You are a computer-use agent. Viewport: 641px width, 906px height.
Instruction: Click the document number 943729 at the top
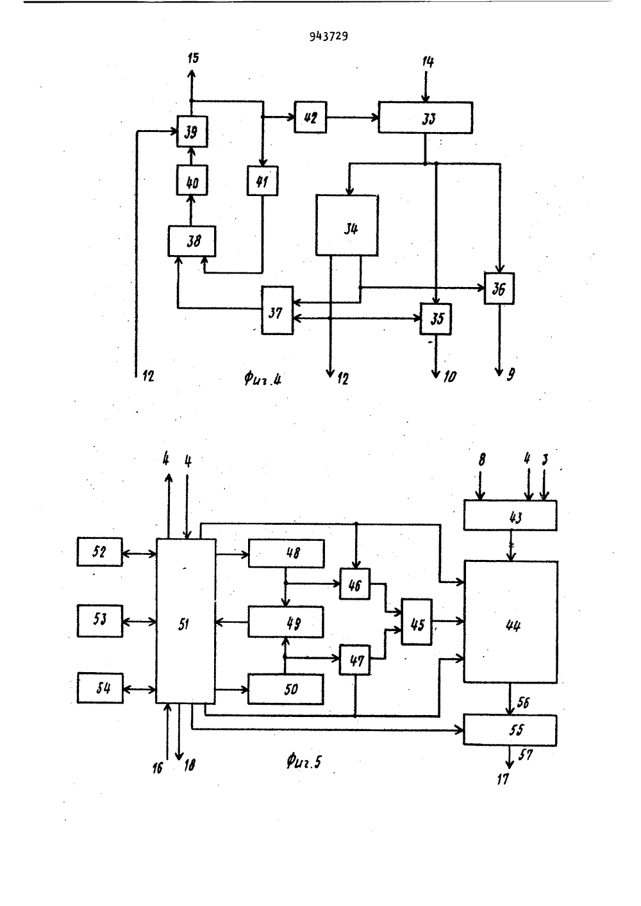pos(328,37)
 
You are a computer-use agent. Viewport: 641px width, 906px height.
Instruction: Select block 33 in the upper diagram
pos(426,118)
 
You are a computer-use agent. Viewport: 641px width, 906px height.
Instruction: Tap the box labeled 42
pos(310,117)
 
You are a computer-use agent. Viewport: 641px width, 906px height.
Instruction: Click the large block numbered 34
pos(347,226)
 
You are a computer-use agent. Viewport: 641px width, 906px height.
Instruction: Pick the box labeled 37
pos(277,310)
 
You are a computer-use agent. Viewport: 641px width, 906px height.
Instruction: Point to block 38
pos(192,241)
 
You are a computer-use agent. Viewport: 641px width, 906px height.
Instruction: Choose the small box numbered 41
pos(263,181)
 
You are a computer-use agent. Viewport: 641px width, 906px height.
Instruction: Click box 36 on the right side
pos(499,288)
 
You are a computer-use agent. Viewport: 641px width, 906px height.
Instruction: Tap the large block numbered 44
pos(511,622)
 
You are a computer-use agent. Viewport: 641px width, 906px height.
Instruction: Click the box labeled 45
pos(417,622)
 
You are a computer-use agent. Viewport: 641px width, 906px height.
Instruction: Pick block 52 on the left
pos(99,552)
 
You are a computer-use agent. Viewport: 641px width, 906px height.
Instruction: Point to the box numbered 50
pos(286,689)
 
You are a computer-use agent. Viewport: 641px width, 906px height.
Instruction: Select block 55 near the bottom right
pos(510,730)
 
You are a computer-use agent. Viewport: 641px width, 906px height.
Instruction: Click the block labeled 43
pos(510,515)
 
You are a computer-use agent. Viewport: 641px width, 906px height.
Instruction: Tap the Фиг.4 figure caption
pos(263,379)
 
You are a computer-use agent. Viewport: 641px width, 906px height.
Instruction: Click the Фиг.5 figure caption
pos(304,762)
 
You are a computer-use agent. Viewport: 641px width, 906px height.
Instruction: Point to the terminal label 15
pos(194,58)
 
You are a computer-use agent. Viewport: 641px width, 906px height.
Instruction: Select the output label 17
pos(503,779)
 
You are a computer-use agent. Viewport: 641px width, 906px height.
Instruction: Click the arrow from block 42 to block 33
pos(353,117)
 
